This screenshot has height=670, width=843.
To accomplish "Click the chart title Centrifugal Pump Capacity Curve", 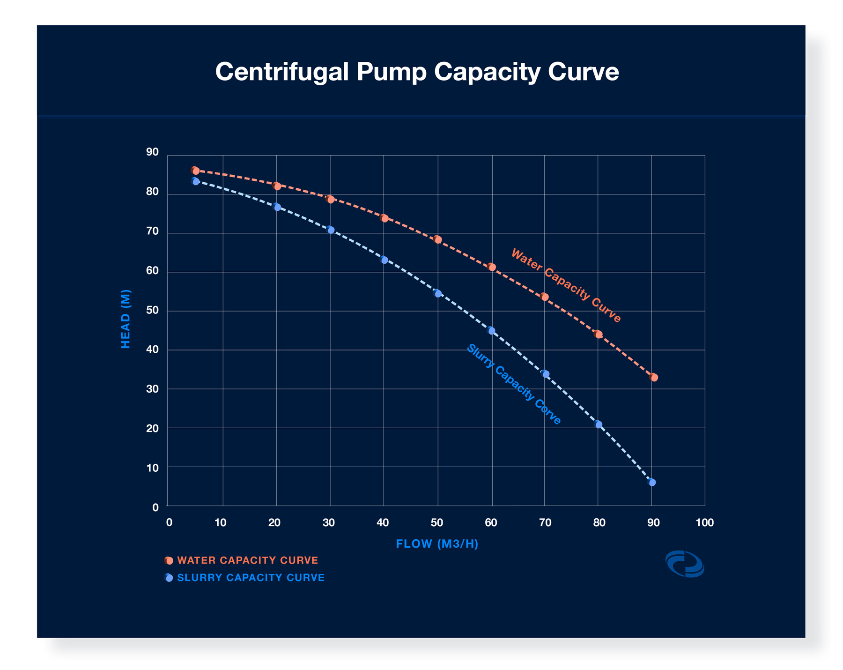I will tap(417, 72).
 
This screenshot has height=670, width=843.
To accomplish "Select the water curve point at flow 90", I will tap(654, 377).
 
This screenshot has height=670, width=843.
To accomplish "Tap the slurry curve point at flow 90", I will tap(652, 482).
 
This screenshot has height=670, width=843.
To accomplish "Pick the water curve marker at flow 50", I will tap(437, 239).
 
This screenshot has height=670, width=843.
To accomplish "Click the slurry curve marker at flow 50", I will tap(438, 293).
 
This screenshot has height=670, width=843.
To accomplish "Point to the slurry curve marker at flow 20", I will tap(277, 207).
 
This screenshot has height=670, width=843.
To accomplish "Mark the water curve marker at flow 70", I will tap(544, 297).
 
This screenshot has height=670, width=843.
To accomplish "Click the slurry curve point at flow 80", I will tap(598, 424).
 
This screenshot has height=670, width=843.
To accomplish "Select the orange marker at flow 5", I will tap(195, 171).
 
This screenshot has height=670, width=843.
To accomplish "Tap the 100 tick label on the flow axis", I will tap(704, 522).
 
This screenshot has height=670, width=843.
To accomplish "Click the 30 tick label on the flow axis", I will tap(329, 522).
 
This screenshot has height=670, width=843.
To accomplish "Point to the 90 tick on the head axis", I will tap(152, 152).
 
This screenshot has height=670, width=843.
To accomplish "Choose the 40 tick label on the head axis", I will tap(152, 350).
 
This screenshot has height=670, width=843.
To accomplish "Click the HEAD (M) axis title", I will tap(126, 319).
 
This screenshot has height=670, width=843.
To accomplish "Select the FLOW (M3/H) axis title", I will tap(437, 543).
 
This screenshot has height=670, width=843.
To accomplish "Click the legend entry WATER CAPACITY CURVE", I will tap(247, 560).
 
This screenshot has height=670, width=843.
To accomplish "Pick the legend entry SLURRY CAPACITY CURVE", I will tap(251, 577).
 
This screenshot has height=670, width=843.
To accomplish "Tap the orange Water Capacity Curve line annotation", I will tap(566, 285).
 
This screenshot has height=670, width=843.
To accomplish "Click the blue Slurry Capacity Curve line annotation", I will tap(513, 384).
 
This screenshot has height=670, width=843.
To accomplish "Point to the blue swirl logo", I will tap(685, 564).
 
